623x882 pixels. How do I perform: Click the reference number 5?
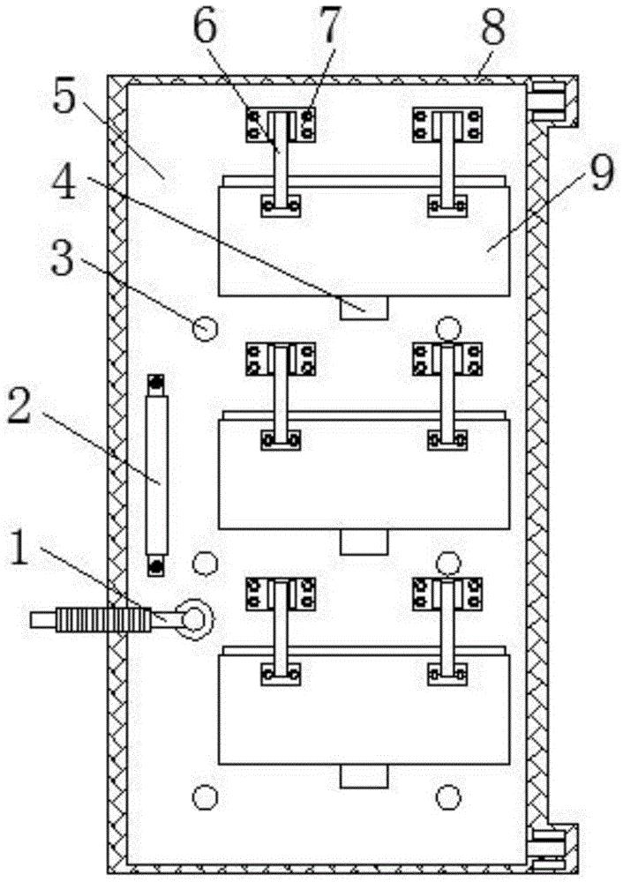64,98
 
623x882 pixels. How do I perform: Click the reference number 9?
602,172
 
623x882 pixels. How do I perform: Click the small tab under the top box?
364,308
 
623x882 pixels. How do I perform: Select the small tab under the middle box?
364,542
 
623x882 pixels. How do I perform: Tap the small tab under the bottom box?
364,776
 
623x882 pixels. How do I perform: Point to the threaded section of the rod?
103,620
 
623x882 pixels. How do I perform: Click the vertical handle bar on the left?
156,475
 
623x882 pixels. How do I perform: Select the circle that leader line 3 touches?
205,328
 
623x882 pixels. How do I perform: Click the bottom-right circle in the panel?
448,796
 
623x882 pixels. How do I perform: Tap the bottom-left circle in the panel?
205,796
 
